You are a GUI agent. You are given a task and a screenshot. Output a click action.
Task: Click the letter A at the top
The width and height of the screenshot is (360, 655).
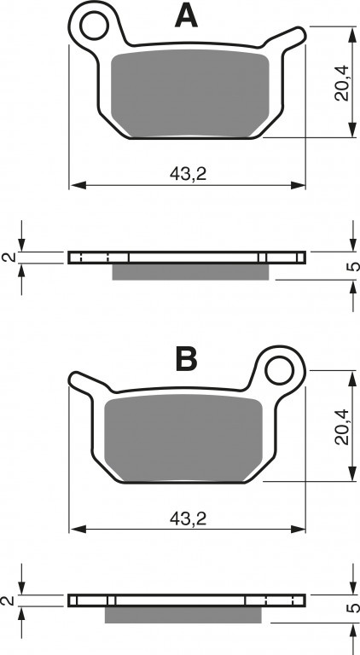[186, 16]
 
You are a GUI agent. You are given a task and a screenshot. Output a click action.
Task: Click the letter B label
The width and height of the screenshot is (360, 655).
[186, 359]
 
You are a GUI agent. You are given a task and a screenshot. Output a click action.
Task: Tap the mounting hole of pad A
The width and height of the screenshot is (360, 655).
[94, 26]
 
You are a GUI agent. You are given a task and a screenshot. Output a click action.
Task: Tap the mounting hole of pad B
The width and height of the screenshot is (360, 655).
[280, 371]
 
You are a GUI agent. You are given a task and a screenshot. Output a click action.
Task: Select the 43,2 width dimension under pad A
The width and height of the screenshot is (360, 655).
[188, 174]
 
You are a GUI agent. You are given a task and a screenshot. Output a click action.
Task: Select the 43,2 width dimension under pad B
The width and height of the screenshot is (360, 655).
[188, 519]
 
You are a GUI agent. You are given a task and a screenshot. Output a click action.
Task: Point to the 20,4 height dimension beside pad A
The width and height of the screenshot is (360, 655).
[341, 83]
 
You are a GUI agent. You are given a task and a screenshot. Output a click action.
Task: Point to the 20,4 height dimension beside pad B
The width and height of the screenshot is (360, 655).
[341, 426]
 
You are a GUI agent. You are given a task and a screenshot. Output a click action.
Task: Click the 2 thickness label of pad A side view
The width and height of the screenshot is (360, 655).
[9, 258]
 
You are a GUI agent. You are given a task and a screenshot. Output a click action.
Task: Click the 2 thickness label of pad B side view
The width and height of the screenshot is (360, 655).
[9, 600]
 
